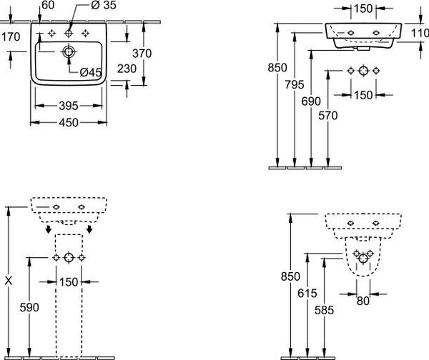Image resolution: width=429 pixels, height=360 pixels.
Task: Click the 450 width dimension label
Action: [69, 123]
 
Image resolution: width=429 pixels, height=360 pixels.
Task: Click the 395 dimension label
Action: [69, 106]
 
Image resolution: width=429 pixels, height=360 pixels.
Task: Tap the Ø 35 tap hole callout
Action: [104, 5]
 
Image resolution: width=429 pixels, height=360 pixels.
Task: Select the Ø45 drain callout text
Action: [91, 72]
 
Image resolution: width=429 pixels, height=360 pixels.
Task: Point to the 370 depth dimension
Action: [142, 54]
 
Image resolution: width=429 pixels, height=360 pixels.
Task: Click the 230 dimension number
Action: [127, 69]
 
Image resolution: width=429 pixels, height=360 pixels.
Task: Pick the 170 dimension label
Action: [11, 36]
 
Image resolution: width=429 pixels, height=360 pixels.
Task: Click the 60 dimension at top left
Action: [48, 5]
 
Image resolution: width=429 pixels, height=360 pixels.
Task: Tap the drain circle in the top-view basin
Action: [69, 51]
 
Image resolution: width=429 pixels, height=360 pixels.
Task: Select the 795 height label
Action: [295, 85]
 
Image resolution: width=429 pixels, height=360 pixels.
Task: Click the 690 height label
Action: [311, 101]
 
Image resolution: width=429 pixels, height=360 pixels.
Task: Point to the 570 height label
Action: [327, 116]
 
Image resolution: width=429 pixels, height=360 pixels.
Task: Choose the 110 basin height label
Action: [420, 34]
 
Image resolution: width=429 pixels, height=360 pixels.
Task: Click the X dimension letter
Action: [9, 281]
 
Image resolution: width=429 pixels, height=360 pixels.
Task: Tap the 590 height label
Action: [29, 308]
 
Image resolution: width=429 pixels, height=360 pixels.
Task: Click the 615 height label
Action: [307, 294]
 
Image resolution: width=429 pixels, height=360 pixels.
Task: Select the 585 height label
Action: [324, 310]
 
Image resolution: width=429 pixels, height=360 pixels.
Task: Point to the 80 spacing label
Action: [363, 301]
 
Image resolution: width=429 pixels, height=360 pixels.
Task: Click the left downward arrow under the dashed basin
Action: [49, 229]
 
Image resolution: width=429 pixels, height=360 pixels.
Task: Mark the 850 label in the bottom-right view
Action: [290, 276]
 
